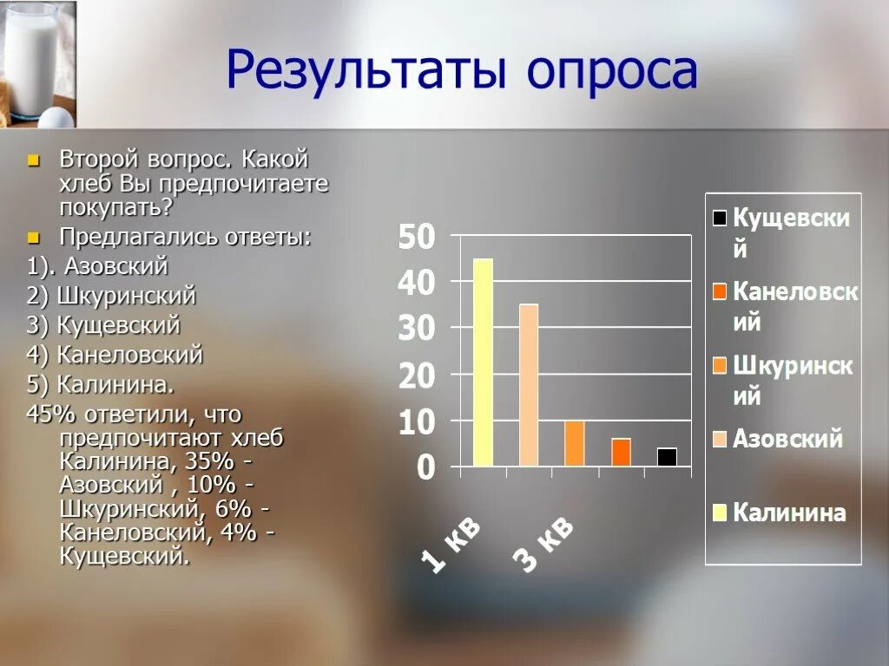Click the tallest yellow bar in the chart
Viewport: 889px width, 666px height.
coord(483,362)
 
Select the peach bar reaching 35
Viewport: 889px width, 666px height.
coord(529,385)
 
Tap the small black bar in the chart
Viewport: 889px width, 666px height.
coord(667,457)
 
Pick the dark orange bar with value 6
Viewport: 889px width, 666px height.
coord(621,452)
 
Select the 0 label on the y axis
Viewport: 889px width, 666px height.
coord(425,468)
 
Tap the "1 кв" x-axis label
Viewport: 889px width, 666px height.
coord(451,546)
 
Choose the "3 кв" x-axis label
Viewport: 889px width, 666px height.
coord(544,546)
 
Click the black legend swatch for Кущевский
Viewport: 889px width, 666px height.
coord(720,218)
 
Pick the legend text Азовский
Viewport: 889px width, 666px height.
coord(787,438)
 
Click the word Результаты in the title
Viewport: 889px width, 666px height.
coord(366,71)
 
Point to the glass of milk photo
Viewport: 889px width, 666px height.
coord(36,62)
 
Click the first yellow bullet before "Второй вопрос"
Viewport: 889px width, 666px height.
coord(33,160)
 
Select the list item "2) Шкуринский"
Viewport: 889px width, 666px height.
coord(111,296)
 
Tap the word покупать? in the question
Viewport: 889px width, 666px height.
coord(115,207)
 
